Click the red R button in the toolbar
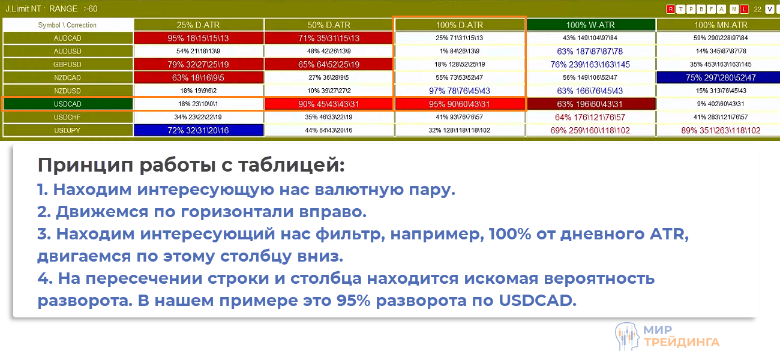click(x=670, y=9)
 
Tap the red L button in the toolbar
click(x=745, y=9)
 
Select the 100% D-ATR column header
click(x=460, y=25)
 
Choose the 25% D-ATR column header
click(x=199, y=25)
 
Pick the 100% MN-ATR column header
click(x=720, y=25)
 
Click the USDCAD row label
click(x=68, y=104)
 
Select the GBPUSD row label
click(x=68, y=64)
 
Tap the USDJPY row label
click(x=68, y=130)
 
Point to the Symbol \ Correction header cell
click(x=68, y=25)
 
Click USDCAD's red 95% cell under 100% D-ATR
click(x=460, y=104)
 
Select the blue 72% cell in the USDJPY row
click(x=199, y=130)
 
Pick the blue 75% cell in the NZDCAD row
click(x=720, y=77)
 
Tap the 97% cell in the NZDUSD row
click(x=460, y=91)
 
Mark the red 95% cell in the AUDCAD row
click(x=199, y=38)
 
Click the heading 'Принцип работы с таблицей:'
click(x=191, y=164)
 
